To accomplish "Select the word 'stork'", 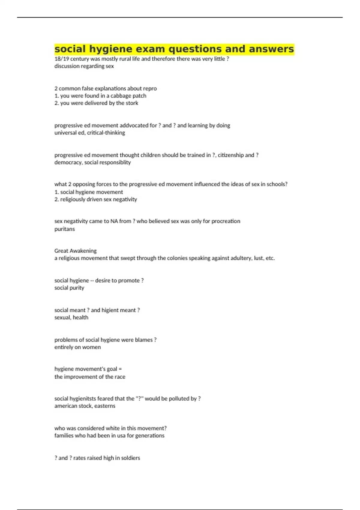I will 132,103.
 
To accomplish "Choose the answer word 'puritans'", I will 64,229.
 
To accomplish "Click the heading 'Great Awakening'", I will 75,251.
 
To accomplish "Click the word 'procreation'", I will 226,221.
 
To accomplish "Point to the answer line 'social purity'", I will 69,288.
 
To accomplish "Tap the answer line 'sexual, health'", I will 71,317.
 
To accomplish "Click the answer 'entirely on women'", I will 77,347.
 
